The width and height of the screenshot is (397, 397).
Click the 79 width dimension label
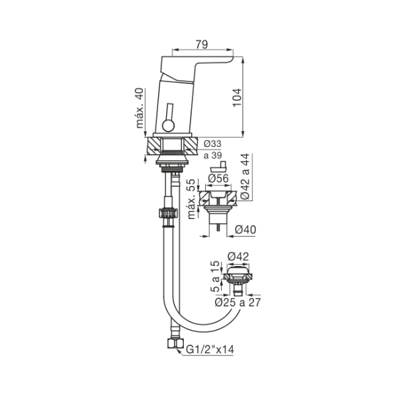[x=202, y=44]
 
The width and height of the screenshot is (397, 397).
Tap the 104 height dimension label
[x=237, y=98]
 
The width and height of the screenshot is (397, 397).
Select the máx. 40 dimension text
[x=140, y=108]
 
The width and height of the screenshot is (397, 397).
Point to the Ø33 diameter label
[x=212, y=144]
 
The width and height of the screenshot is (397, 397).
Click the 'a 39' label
[x=212, y=155]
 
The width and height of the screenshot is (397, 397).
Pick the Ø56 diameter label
[x=218, y=178]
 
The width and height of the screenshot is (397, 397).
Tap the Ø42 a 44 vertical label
[x=245, y=176]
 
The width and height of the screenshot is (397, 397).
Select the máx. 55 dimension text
[x=191, y=199]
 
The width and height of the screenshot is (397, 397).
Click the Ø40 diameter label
[x=245, y=230]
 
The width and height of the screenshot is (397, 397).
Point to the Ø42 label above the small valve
[x=238, y=257]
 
